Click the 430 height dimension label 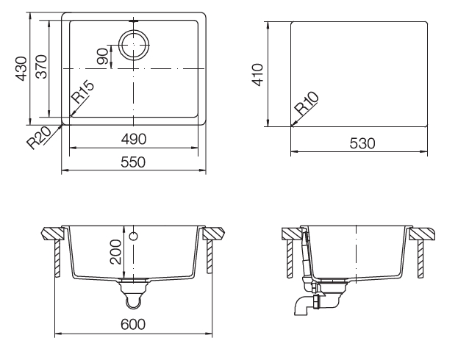22,68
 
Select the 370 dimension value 42,68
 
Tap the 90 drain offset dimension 102,56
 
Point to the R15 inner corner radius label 83,93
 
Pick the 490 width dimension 133,140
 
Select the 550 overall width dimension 133,162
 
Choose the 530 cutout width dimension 360,144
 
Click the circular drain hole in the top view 133,46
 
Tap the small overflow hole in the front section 134,237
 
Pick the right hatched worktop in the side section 423,234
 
